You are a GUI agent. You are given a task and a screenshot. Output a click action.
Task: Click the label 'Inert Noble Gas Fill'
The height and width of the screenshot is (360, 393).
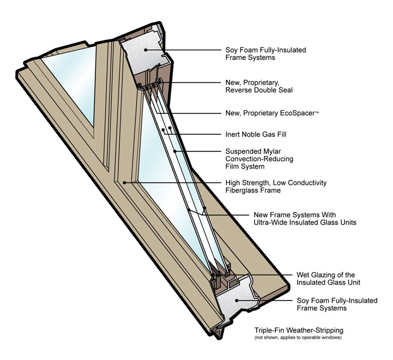[x=256, y=134]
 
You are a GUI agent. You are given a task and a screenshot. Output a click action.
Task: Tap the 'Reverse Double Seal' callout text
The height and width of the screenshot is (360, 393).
[x=260, y=91]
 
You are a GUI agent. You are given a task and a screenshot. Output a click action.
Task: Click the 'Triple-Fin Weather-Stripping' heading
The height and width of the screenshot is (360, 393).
[x=299, y=330]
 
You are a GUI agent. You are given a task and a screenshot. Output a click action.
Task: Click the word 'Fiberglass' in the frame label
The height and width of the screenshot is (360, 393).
[x=242, y=191]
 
